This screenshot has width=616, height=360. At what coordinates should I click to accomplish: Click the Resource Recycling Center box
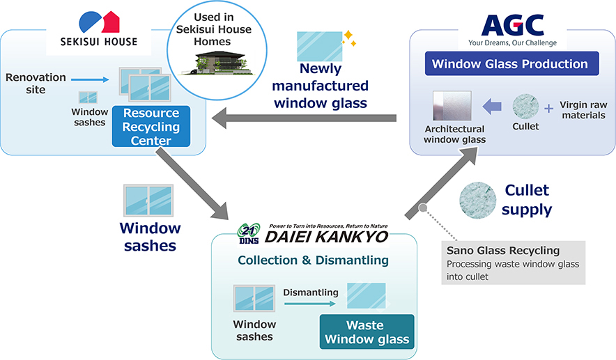pos(151,127)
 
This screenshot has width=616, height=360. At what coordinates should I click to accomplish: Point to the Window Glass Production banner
pos(510,64)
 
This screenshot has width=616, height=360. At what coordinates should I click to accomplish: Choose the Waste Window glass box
pos(367,332)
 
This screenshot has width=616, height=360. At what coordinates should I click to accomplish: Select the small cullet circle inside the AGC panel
pos(526,107)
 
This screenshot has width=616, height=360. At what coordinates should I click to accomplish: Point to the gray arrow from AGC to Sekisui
pos(307,119)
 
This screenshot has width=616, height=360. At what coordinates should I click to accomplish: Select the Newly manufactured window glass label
pos(321,86)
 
